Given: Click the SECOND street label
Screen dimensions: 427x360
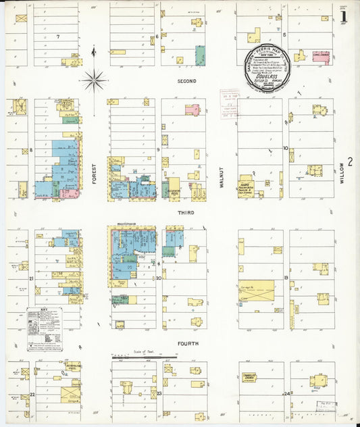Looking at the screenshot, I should [x=186, y=81].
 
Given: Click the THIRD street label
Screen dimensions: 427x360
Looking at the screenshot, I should [x=186, y=213].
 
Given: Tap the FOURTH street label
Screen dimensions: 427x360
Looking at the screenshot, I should [x=186, y=343].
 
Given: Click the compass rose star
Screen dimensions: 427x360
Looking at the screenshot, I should [x=94, y=81].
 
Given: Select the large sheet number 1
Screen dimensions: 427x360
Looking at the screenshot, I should [x=344, y=16].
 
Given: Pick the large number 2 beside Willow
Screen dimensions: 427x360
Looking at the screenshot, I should [x=350, y=162].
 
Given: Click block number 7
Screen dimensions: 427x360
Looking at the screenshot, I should [x=58, y=36].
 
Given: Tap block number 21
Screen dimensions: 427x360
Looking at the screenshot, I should [x=31, y=278].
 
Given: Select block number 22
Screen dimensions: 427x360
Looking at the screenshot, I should [x=32, y=394].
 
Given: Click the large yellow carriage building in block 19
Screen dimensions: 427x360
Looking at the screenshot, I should [x=256, y=291].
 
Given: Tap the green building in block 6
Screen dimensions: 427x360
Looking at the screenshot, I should [x=200, y=55].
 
